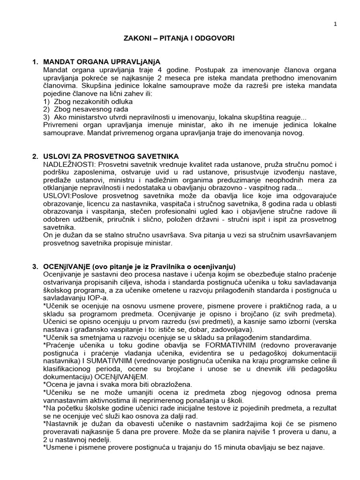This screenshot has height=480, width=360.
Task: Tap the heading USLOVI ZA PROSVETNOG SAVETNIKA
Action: [x=111, y=156]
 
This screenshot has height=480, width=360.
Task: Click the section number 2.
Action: [x=34, y=156]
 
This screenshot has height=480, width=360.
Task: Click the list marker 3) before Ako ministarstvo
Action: [x=46, y=117]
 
